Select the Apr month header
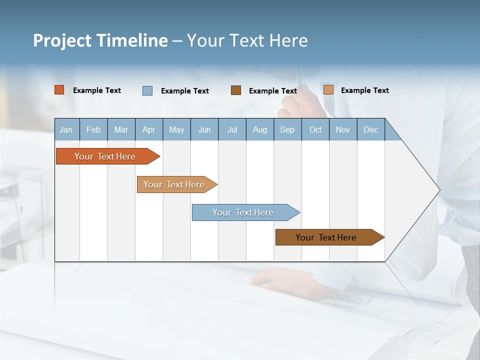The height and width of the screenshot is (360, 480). click(148, 129)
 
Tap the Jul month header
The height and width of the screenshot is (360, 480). click(232, 129)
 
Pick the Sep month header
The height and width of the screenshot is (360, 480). click(287, 129)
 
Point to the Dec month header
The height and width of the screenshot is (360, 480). click(370, 129)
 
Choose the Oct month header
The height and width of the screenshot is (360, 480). click(315, 129)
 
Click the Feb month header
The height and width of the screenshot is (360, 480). click(93, 129)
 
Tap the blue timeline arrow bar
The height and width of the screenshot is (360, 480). click(243, 212)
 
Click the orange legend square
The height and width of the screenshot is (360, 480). click(59, 90)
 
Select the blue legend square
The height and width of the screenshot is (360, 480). click(147, 90)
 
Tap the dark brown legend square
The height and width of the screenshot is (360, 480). click(236, 90)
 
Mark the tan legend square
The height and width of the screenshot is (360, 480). click(328, 90)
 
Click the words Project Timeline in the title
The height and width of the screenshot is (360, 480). click(100, 40)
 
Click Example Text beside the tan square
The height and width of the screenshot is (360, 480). click(364, 90)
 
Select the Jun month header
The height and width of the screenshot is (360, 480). click(204, 129)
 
